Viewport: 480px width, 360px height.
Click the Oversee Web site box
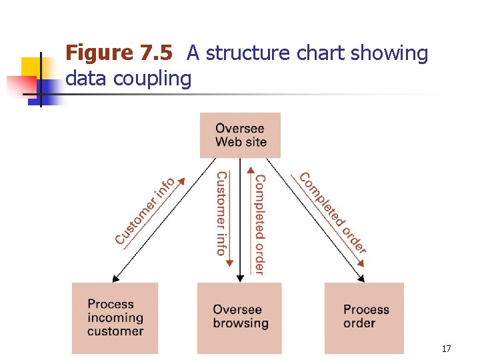[x=240, y=135]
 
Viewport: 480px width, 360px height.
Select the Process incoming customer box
[x=115, y=318]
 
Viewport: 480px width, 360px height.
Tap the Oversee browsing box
[x=240, y=317]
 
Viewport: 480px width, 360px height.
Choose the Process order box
[x=365, y=318]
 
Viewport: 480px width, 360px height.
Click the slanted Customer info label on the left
[x=145, y=211]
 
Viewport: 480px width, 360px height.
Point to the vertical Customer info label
[x=221, y=213]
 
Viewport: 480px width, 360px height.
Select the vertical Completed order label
[x=259, y=225]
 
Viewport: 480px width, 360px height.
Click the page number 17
[x=446, y=349]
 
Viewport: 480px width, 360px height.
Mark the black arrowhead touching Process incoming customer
[x=115, y=279]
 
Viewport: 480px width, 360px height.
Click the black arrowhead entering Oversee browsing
[x=240, y=279]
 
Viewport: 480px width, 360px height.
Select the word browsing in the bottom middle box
[x=240, y=324]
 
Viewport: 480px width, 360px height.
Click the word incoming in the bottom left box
[x=115, y=318]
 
